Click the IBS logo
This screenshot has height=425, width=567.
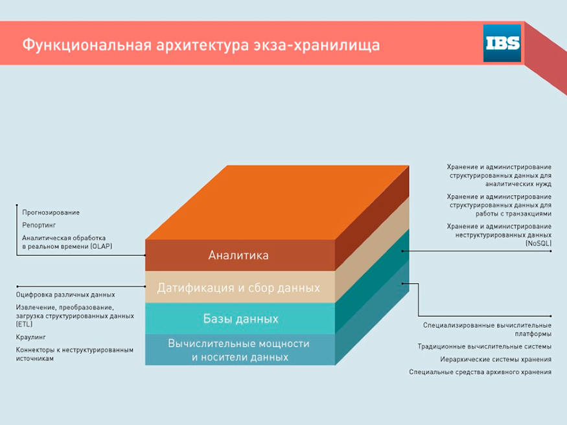(x=502, y=43)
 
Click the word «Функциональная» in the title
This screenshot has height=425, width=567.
(x=87, y=45)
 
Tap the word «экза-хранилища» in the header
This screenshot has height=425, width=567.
(x=316, y=46)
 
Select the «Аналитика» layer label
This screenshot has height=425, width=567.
(x=238, y=255)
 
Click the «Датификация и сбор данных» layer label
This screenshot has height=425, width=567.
(x=238, y=288)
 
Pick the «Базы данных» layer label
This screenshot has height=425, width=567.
(x=240, y=319)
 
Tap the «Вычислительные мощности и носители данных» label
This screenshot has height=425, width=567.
(x=238, y=350)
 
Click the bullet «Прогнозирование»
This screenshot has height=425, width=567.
(x=51, y=212)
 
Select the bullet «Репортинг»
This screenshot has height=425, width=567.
(x=39, y=225)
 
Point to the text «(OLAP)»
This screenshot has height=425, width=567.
(x=101, y=246)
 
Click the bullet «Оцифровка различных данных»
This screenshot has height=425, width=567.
(x=65, y=295)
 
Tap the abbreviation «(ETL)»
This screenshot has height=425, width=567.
(x=24, y=324)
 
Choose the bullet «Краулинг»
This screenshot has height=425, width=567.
(x=30, y=337)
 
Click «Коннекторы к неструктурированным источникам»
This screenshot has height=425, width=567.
(x=75, y=354)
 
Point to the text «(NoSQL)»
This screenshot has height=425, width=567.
(x=538, y=243)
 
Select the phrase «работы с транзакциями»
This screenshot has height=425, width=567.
(x=513, y=214)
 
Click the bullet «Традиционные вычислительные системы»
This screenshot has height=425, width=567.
(x=485, y=347)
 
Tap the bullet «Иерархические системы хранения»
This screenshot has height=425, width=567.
(x=496, y=359)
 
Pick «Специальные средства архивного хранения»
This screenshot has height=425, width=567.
(x=480, y=372)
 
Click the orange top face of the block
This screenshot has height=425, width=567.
(x=277, y=202)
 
